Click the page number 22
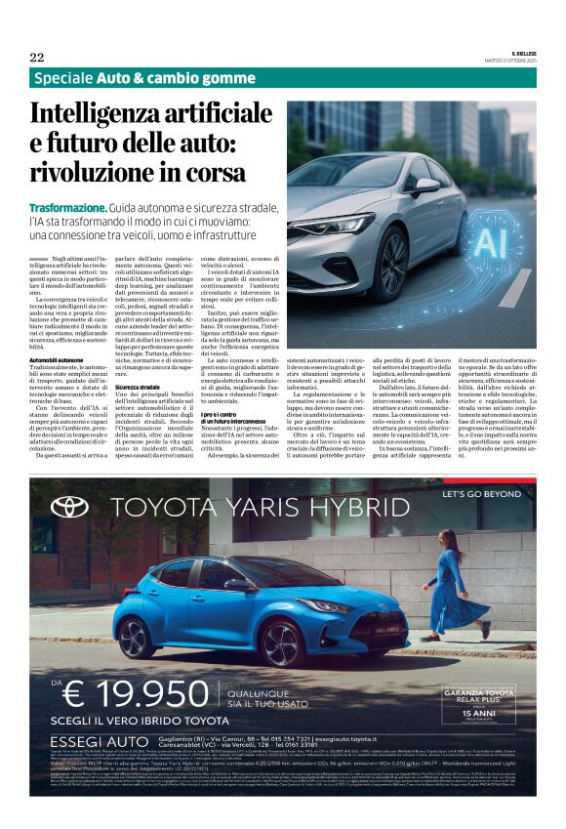37,57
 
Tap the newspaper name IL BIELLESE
517,53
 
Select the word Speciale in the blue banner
61,79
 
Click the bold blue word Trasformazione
67,209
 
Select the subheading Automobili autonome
57,360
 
